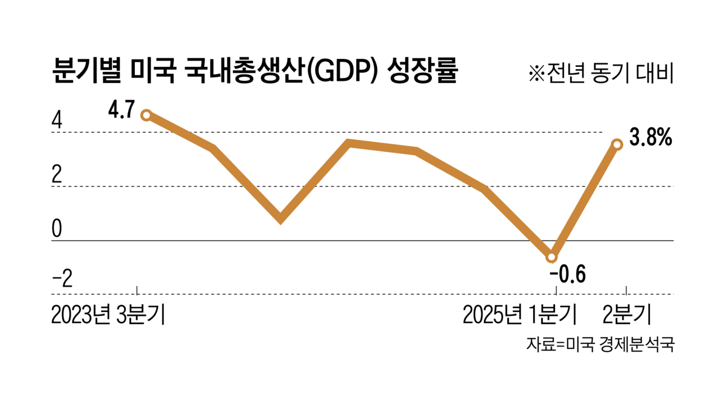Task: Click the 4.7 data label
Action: point(121,109)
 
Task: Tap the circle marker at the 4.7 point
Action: point(145,115)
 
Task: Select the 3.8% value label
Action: point(650,138)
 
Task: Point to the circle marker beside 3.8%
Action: point(617,144)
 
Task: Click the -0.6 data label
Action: point(568,275)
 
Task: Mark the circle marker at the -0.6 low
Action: point(552,257)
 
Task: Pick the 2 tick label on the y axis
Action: point(57,175)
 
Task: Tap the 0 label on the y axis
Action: point(57,229)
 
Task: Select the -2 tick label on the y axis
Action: point(61,280)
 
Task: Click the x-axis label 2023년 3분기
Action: point(108,316)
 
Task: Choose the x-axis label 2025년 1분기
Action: point(520,316)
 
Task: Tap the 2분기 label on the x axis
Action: point(627,316)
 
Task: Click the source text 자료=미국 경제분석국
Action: point(599,344)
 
